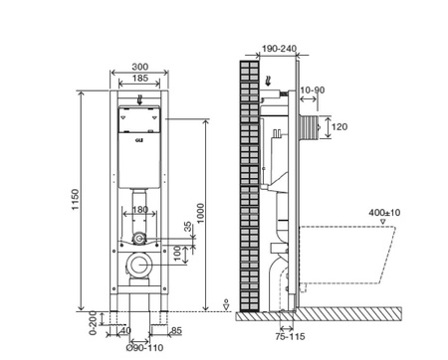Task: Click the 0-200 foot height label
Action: pos(94,320)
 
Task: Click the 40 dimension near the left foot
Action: pos(124,330)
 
